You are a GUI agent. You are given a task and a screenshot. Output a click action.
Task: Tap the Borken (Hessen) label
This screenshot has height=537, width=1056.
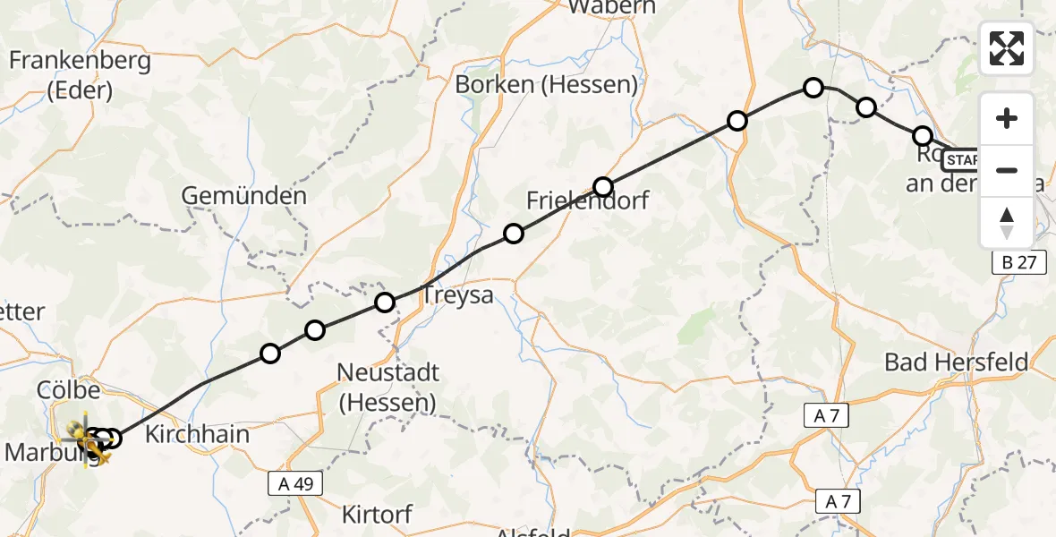click(546, 85)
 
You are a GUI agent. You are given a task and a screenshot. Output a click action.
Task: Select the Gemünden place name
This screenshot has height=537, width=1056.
click(244, 195)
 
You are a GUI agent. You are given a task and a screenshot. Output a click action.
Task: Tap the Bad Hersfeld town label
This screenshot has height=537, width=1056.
click(957, 362)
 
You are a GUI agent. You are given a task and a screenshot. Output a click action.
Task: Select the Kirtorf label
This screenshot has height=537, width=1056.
click(378, 515)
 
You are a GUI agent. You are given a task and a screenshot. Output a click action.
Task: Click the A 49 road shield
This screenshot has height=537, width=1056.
click(294, 483)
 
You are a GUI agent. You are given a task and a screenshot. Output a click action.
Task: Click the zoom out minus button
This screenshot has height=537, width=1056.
click(1007, 170)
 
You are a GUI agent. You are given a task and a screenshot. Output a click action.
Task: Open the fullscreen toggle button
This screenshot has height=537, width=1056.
click(1007, 47)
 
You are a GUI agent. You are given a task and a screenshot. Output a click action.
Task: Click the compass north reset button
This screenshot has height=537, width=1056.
click(1007, 222)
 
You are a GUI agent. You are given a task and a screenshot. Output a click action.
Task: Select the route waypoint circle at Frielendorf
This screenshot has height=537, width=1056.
click(603, 187)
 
